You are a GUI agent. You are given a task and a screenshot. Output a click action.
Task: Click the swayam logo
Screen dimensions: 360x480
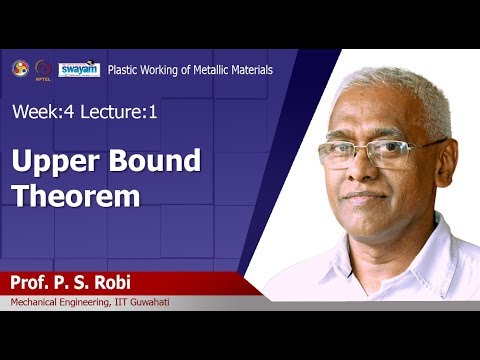point(78,69)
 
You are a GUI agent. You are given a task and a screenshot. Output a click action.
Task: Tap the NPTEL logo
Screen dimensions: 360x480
point(43,69)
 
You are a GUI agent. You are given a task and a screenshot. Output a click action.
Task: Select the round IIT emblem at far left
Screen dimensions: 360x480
point(20,69)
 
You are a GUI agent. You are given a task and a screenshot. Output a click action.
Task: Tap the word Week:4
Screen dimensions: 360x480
point(42,112)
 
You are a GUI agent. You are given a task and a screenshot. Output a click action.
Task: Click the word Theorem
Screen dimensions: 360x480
point(76,194)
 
